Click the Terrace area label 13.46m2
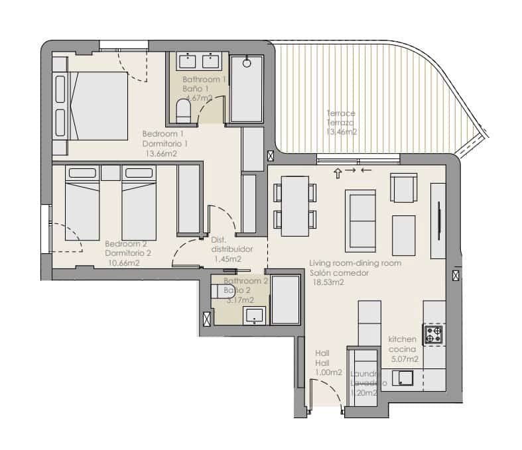click(342, 132)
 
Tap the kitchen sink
click(403, 378)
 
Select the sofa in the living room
click(360, 217)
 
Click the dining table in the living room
click(294, 206)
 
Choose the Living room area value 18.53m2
click(327, 282)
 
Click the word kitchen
click(403, 339)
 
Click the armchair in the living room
click(403, 188)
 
